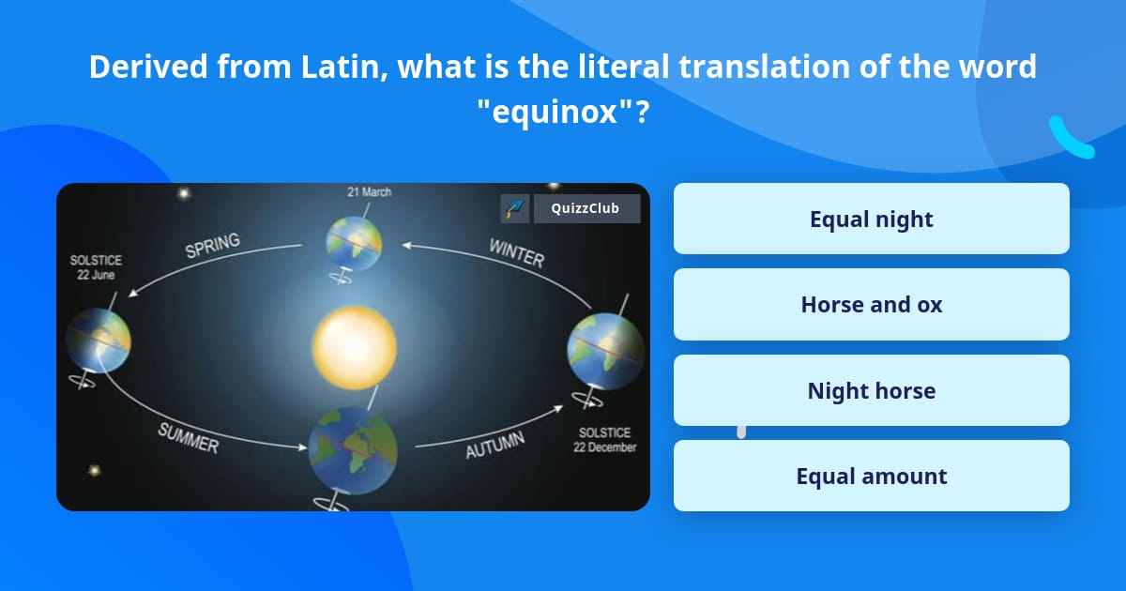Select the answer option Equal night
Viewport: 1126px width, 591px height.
tap(871, 220)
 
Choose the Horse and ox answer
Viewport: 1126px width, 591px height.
tap(871, 305)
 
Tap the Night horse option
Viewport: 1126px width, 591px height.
tap(871, 390)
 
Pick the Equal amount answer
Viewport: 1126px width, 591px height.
tap(871, 477)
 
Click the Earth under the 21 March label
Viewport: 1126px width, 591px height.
tap(354, 242)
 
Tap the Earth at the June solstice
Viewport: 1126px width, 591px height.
tap(98, 340)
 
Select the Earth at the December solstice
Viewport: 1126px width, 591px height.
tap(605, 353)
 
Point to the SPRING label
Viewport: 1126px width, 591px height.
tap(212, 246)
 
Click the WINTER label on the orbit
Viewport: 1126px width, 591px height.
tap(516, 253)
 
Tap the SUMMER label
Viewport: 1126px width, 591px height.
tap(188, 438)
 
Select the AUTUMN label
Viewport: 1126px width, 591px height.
tap(495, 446)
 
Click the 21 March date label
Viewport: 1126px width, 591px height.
tap(369, 192)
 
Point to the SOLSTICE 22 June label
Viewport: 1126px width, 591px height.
tap(96, 267)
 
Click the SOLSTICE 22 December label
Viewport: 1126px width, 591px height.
tap(605, 440)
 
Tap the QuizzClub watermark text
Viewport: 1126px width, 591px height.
tap(586, 208)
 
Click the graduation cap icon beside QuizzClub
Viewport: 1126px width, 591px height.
tap(515, 208)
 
